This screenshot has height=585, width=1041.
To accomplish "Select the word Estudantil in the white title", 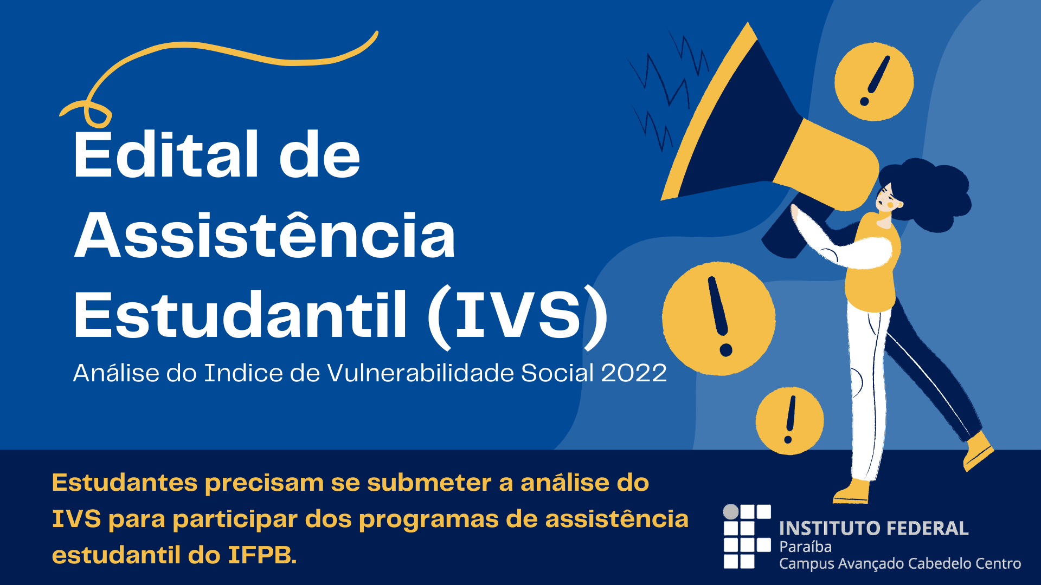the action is coord(240,315).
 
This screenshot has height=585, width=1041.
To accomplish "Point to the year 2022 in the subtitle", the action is coord(634,373).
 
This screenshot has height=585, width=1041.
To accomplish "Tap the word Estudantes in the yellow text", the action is coord(124,483).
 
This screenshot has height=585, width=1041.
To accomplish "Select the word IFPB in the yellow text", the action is coord(262,555).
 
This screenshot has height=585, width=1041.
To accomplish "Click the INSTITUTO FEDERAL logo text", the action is coord(873,528).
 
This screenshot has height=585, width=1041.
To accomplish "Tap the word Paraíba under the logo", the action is coord(805,547).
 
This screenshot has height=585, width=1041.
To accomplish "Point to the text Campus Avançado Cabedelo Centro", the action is coord(900,564).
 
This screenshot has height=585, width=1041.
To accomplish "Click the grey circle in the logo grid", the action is coord(731,511).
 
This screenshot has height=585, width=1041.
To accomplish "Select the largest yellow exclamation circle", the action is coord(719,318).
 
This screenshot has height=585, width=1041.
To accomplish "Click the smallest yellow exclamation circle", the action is coord(789,421).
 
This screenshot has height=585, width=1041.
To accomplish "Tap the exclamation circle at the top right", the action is coord(874,82).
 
